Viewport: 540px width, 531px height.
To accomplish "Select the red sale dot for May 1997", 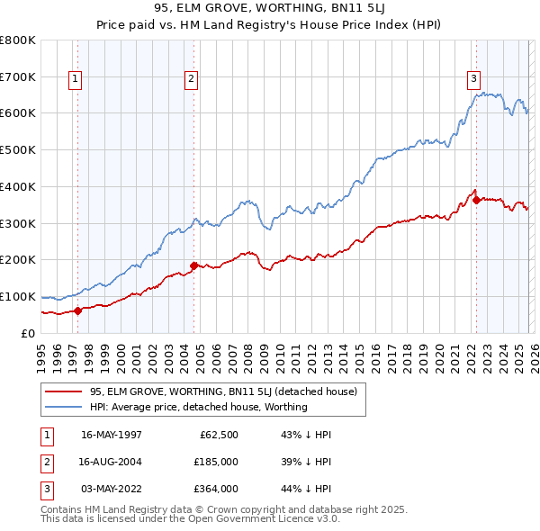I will (x=77, y=310).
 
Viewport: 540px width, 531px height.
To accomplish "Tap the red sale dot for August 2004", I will (x=193, y=265).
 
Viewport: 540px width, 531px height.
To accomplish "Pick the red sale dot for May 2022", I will (x=476, y=200).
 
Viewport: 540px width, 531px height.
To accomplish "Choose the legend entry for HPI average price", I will (x=198, y=407).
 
